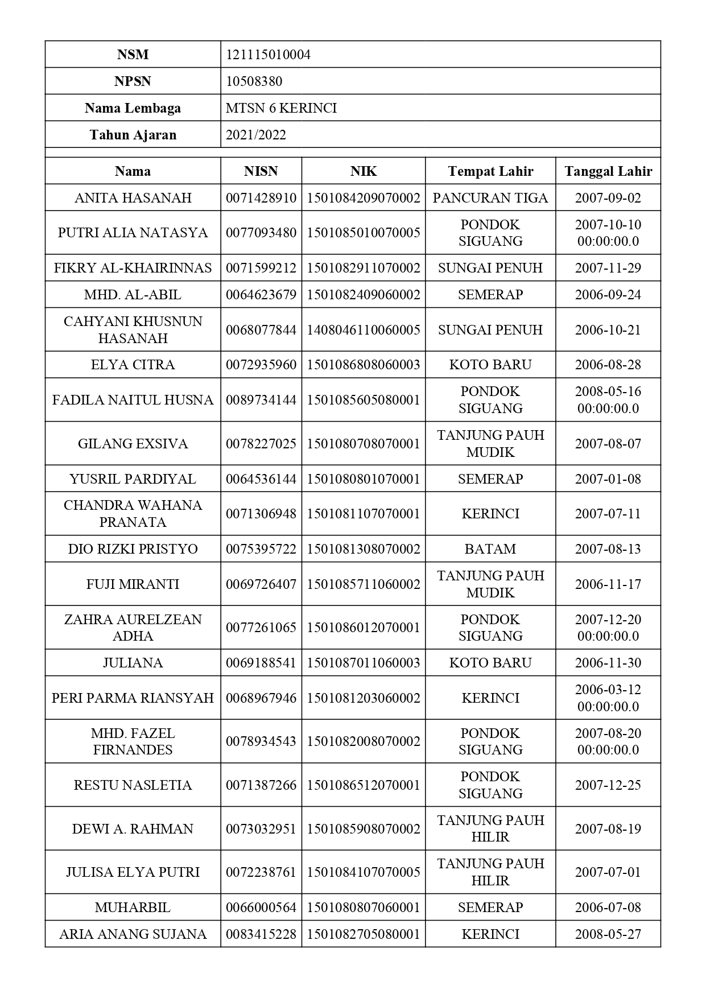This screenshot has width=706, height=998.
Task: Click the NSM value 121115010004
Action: tap(268, 55)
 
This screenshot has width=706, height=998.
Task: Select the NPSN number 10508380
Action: tap(254, 81)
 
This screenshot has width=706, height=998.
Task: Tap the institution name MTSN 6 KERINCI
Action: tap(281, 108)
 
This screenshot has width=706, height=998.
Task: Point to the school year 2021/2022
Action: tap(255, 135)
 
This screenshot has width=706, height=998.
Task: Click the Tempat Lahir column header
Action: tap(490, 171)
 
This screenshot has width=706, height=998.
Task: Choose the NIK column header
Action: tap(364, 171)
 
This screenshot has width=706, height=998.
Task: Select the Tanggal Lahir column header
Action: tap(608, 171)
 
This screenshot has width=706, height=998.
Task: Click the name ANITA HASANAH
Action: tap(133, 198)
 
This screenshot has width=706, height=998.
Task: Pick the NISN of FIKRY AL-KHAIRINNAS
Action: tap(261, 268)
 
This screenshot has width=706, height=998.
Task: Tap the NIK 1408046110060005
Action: tap(364, 330)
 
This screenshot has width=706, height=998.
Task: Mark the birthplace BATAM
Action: tap(490, 549)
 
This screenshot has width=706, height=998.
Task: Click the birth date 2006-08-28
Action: tap(608, 365)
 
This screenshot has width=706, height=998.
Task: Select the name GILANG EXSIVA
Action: tap(133, 444)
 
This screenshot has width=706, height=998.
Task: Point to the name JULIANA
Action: tap(133, 663)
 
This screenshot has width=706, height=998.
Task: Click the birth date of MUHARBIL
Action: tap(608, 908)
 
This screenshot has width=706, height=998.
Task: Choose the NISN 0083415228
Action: tap(261, 934)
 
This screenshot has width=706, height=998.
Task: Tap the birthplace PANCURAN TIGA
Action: tap(490, 198)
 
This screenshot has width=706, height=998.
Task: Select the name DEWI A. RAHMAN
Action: tap(133, 829)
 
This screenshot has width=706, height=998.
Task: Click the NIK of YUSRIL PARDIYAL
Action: tap(364, 479)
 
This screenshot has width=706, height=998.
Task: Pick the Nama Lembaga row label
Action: tap(133, 108)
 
